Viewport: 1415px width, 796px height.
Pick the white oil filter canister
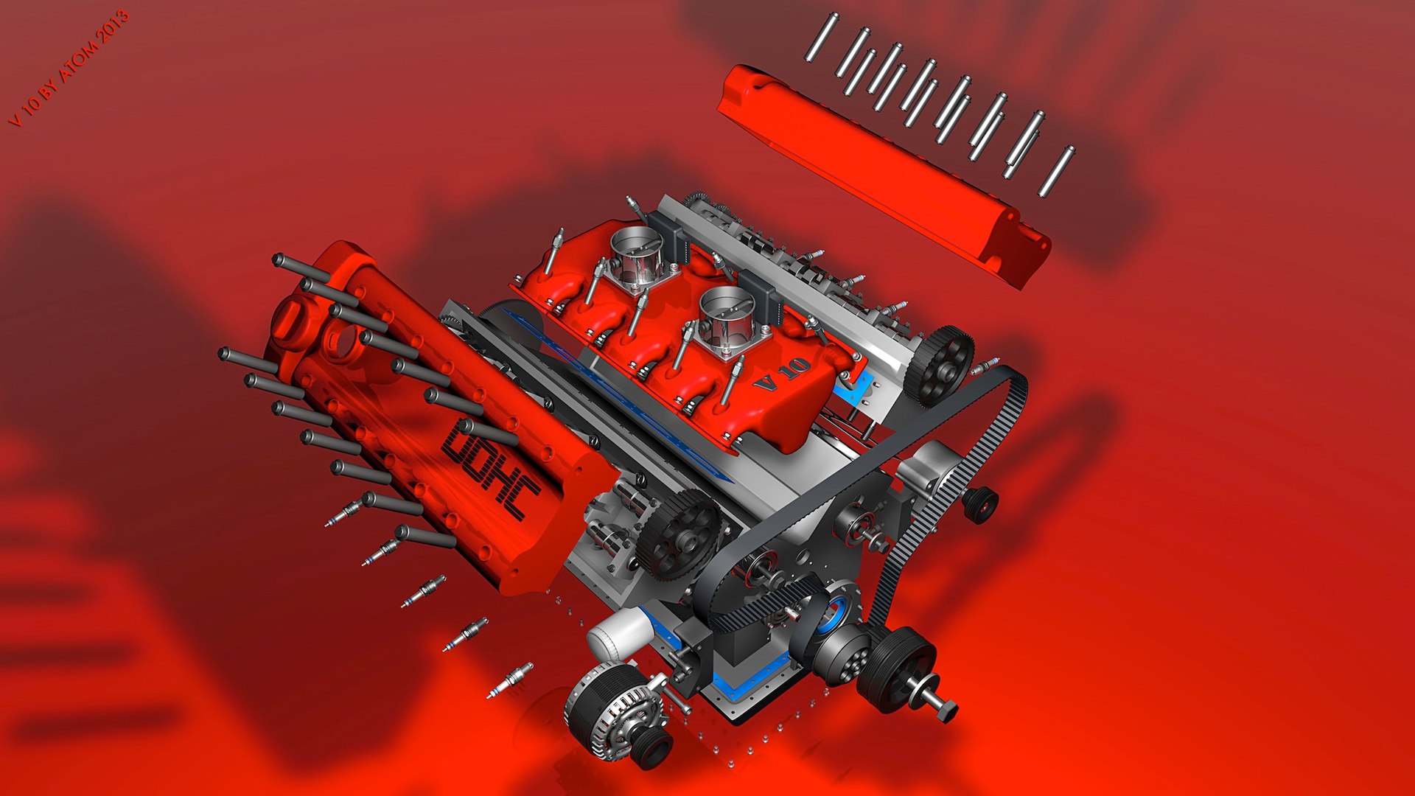pyautogui.click(x=619, y=633)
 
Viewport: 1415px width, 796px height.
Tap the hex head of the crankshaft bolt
pyautogui.click(x=946, y=711)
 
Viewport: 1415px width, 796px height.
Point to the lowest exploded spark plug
pyautogui.click(x=509, y=680)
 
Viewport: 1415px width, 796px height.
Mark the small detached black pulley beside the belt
pyautogui.click(x=980, y=504)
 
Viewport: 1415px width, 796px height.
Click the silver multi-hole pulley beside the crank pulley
pyautogui.click(x=844, y=656)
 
